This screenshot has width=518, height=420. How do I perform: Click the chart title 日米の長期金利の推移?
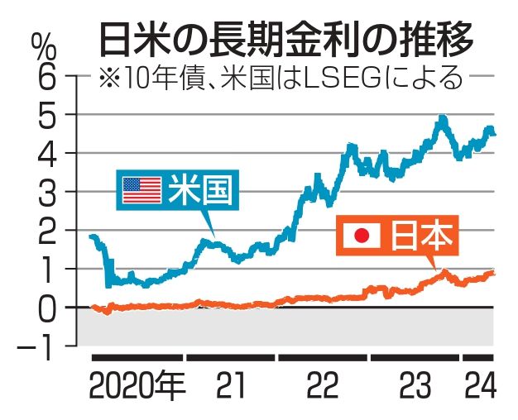pyautogui.click(x=286, y=36)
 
